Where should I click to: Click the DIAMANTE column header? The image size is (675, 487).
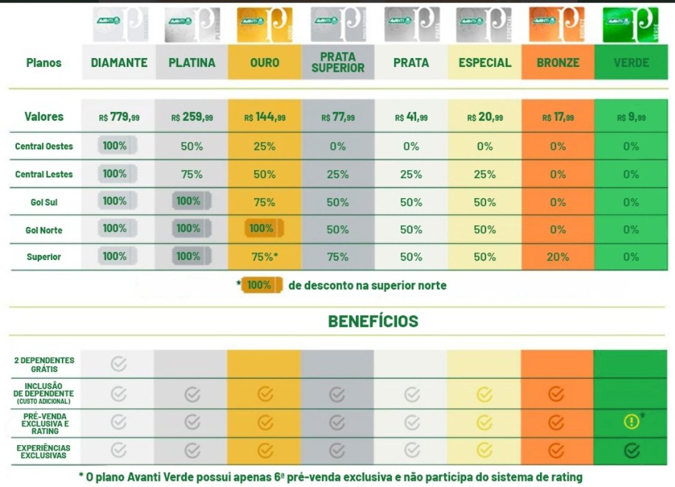point(119,63)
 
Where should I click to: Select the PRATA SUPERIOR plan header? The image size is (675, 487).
point(337,63)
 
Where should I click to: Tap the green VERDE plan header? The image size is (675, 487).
point(631,63)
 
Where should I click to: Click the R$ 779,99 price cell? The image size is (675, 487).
point(119,117)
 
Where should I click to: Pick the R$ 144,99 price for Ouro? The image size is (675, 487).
point(264,117)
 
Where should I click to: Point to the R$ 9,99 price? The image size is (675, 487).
point(631,117)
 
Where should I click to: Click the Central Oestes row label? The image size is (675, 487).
point(44,146)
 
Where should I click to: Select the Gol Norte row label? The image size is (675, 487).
point(44,230)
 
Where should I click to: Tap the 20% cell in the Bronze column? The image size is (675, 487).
point(557,256)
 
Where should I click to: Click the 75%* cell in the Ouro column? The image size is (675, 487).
point(264,256)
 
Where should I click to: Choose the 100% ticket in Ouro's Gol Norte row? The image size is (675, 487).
point(262,228)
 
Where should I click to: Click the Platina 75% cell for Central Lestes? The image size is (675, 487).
point(192,174)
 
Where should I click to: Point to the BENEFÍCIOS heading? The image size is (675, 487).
point(373,321)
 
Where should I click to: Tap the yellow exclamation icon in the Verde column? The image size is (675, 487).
point(631,422)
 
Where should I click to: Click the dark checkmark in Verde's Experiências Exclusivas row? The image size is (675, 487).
point(631,450)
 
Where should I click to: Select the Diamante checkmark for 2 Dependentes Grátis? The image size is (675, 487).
point(119,364)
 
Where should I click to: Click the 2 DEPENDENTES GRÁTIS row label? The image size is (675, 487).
point(44,364)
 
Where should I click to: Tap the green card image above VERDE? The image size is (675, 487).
point(631,25)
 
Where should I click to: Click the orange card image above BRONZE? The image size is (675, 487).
point(557,25)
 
